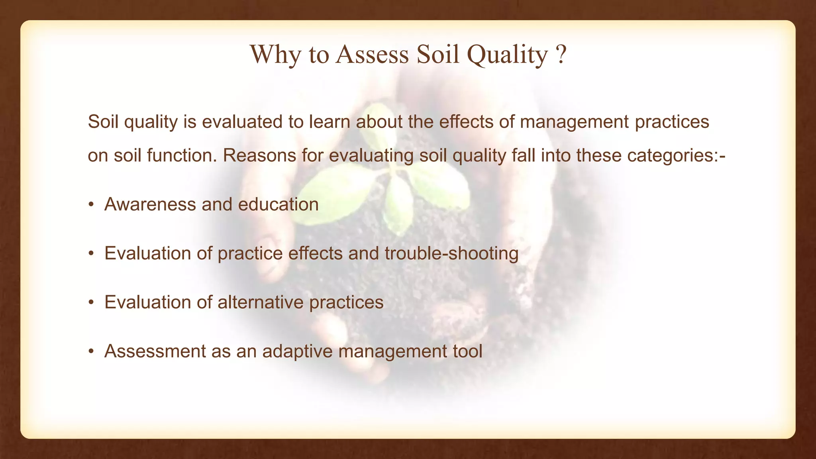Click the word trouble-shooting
451,253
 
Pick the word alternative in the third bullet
260,302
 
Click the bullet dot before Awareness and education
91,205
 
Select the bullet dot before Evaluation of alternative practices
91,303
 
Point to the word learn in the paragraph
329,122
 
